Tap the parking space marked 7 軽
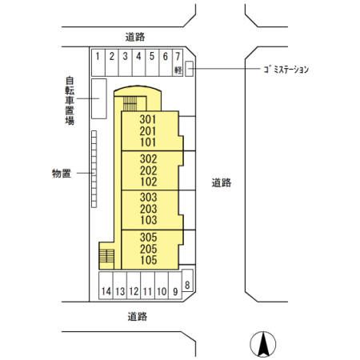[177, 62]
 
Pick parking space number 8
[187, 285]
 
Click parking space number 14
[106, 290]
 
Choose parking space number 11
[147, 290]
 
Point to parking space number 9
[174, 290]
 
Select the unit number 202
[147, 170]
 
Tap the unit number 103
[147, 219]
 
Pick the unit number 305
[147, 238]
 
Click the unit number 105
[147, 260]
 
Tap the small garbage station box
[190, 67]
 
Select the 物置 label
[62, 173]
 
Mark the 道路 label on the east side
[222, 182]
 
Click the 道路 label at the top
[137, 36]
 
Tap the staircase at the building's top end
[132, 102]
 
